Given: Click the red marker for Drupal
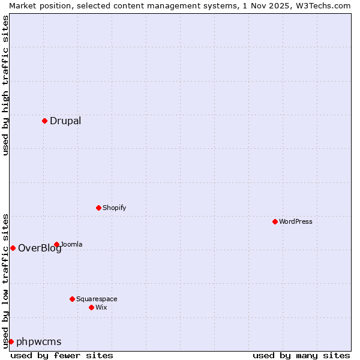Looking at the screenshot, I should (x=44, y=121).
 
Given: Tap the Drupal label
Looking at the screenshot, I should (x=65, y=121).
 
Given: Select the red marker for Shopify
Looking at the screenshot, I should (x=98, y=208).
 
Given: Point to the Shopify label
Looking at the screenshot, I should (x=114, y=208).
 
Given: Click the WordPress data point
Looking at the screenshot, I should (x=275, y=221).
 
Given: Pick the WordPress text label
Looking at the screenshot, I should (x=295, y=221).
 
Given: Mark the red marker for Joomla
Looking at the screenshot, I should (x=56, y=244).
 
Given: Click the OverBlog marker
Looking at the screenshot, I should (x=13, y=248).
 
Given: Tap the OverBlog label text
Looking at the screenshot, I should (x=40, y=248).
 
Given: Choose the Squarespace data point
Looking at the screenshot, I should (x=72, y=299).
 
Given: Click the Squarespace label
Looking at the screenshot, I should (x=97, y=299).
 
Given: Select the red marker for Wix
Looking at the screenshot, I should (x=91, y=307).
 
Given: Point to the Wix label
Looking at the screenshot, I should (x=101, y=307).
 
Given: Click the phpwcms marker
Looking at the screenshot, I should (x=11, y=341).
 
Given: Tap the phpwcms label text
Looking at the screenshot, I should (x=38, y=342).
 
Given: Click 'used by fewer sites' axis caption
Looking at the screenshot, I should (x=62, y=355).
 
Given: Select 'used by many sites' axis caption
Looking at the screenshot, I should (x=301, y=355).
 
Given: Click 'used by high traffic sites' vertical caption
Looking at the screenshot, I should (x=5, y=85).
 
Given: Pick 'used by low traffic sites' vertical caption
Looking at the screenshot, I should (x=5, y=280).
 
